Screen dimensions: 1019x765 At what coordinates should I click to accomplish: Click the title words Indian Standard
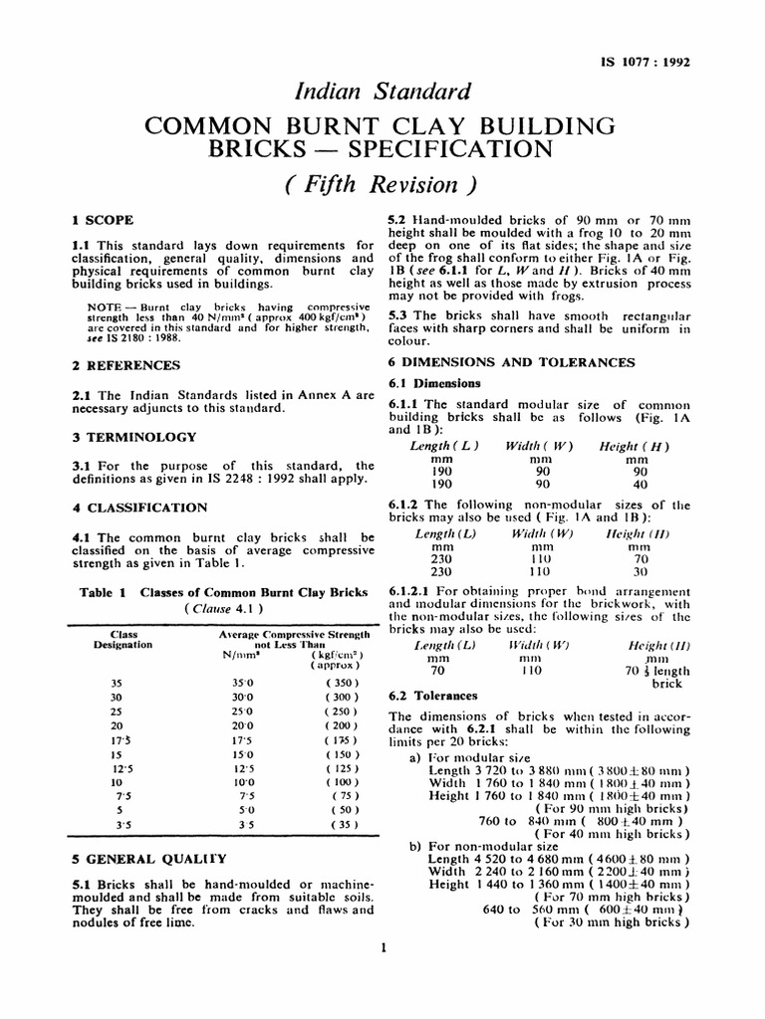point(382,94)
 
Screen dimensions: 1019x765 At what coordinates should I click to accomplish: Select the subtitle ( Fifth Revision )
point(382,185)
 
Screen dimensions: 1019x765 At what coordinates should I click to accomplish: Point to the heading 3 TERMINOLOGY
point(127,437)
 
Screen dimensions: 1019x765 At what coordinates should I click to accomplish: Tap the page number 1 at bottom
point(382,947)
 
